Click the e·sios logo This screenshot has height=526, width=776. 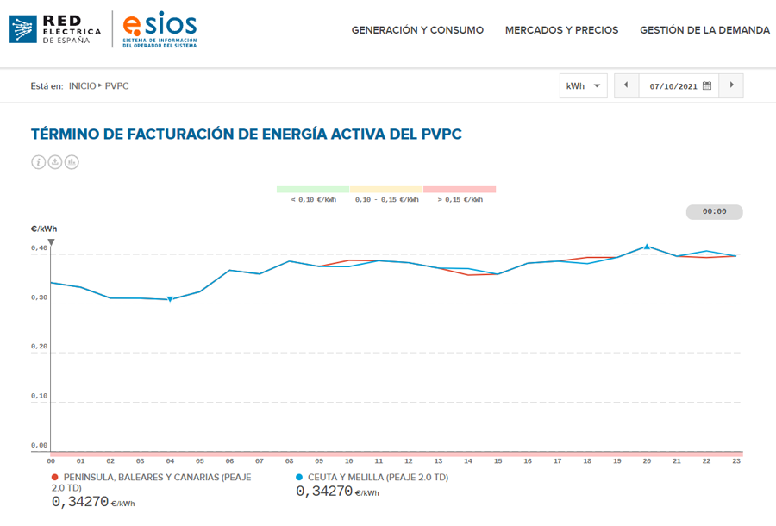point(160,29)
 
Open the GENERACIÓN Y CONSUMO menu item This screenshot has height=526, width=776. point(417,30)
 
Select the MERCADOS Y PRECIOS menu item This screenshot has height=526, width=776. point(561,30)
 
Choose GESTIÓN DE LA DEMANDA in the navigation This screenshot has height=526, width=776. point(704,30)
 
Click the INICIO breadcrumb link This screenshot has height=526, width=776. point(82,86)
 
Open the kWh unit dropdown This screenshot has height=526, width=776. point(584,86)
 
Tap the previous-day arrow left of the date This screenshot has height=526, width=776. point(626,85)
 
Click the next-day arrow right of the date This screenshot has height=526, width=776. point(732,85)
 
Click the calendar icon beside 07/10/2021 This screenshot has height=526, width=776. point(707,85)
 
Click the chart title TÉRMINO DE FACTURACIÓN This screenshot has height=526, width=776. point(246,135)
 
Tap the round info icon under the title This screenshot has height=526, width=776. point(38,162)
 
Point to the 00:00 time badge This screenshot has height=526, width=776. point(714,211)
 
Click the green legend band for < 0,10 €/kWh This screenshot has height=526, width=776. point(312,189)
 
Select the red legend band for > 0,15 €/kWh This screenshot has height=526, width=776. point(460,189)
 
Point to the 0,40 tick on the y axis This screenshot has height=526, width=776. point(40,248)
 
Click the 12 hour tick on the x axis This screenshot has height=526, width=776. point(408,461)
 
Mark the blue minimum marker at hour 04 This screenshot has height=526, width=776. point(170,299)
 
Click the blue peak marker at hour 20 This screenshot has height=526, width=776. point(647,247)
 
